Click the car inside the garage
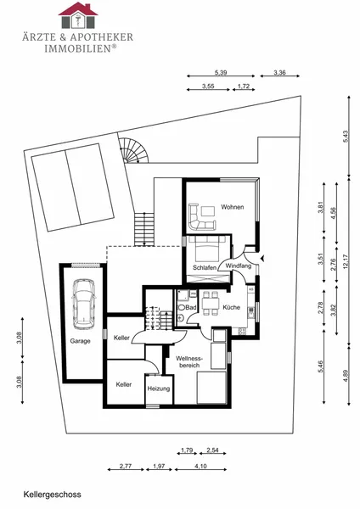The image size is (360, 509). click(x=84, y=304)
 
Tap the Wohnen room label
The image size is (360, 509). click(x=233, y=207)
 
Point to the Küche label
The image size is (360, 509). click(x=231, y=307)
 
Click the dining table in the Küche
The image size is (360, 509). click(x=211, y=304)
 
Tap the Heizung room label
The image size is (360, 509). click(x=159, y=389)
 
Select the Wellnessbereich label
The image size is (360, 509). click(x=189, y=362)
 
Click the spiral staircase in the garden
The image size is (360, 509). click(x=134, y=150)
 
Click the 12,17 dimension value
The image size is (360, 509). click(x=346, y=261)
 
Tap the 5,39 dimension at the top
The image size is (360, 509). click(x=221, y=72)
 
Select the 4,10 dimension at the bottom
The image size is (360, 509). click(x=200, y=466)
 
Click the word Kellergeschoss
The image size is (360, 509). click(x=52, y=495)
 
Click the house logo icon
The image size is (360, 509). click(x=78, y=15)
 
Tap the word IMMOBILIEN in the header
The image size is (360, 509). click(x=78, y=48)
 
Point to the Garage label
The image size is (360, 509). click(x=81, y=341)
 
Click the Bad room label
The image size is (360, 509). click(x=191, y=307)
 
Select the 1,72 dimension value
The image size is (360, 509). click(x=244, y=86)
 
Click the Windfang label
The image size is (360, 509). click(x=238, y=266)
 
